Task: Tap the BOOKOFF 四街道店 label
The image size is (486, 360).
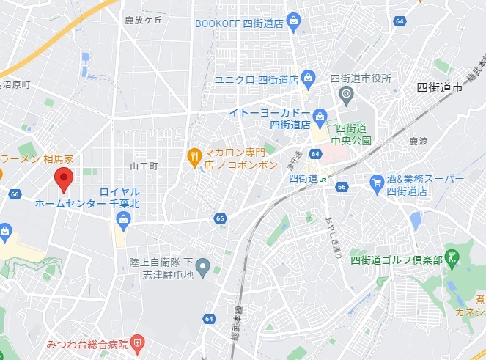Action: click(x=240, y=23)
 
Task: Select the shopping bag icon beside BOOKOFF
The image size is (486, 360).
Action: click(x=294, y=21)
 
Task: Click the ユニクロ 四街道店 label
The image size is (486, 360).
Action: click(x=255, y=78)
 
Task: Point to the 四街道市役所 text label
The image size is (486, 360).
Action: click(x=361, y=78)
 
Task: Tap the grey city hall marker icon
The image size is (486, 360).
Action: click(x=347, y=93)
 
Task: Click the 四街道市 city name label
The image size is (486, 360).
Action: click(x=440, y=87)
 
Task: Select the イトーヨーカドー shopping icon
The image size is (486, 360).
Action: click(x=320, y=115)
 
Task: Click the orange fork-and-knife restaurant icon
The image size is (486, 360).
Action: click(x=194, y=155)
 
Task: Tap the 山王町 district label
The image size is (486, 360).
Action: click(x=144, y=166)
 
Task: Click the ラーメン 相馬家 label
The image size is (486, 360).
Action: click(x=37, y=159)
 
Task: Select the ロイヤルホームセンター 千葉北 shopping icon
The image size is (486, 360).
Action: click(x=122, y=218)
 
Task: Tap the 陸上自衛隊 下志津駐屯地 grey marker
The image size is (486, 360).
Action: click(x=203, y=265)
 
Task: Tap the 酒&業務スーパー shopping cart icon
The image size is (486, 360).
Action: click(x=378, y=180)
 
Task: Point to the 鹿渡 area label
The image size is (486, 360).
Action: click(x=418, y=140)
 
